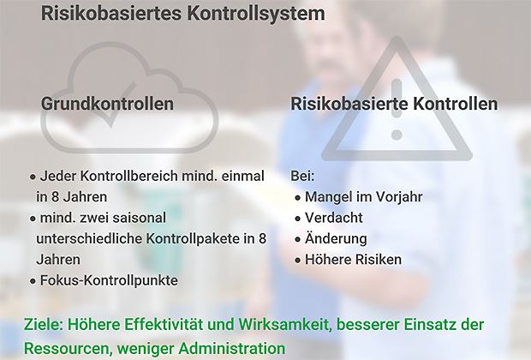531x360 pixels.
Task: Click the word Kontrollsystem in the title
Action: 255,13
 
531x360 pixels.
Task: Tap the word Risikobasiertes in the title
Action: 110,13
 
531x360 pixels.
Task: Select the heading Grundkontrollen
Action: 107,103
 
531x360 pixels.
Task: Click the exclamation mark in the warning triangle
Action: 397,109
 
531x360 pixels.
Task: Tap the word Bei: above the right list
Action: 302,177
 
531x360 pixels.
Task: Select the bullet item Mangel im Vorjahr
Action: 359,197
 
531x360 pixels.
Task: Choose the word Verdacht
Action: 334,218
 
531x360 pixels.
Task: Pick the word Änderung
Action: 336,237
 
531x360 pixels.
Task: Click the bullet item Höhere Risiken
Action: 349,260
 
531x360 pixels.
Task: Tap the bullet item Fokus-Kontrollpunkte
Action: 104,280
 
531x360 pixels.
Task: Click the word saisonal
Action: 140,218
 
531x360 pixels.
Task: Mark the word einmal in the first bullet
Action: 243,177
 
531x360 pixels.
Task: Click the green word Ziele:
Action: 44,324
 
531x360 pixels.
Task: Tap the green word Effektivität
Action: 164,324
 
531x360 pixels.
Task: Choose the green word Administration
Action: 232,348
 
